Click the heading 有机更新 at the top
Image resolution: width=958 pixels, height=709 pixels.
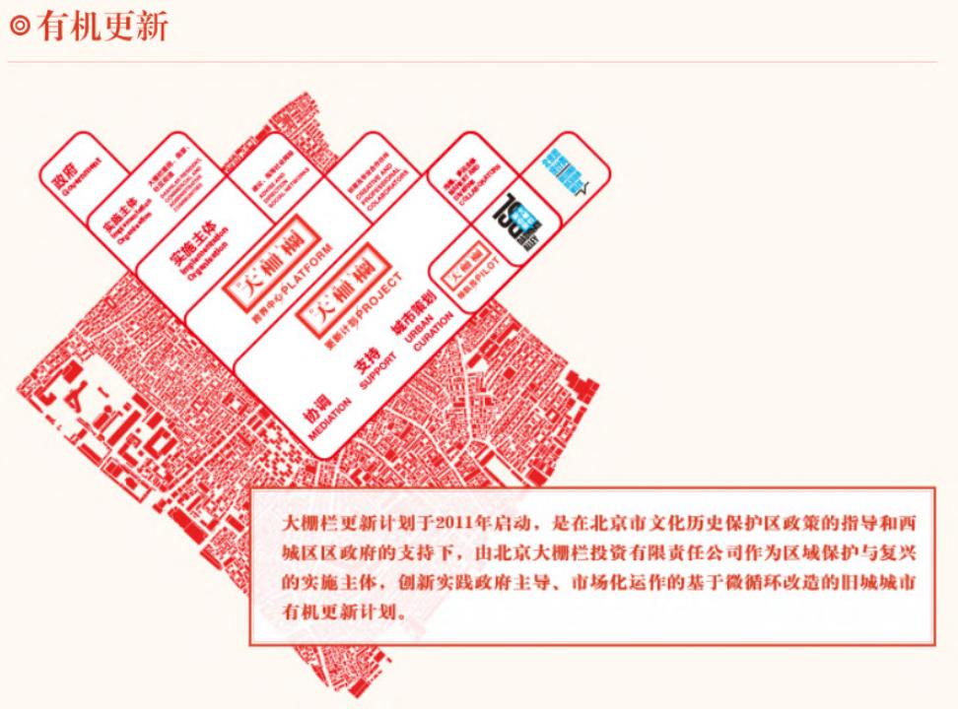pos(103,28)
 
